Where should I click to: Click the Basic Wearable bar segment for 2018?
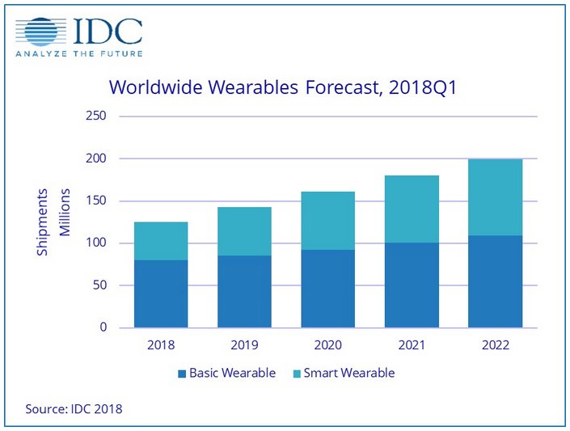[x=161, y=294]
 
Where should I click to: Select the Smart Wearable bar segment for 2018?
[x=161, y=241]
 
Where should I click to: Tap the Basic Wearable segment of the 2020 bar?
[x=327, y=289]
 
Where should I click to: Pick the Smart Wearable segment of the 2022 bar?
[x=494, y=197]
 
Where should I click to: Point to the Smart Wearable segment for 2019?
[x=244, y=231]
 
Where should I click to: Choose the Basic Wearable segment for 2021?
[x=411, y=285]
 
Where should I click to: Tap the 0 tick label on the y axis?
[x=103, y=327]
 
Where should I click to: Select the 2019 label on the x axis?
[x=244, y=344]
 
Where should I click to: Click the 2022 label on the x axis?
[x=494, y=344]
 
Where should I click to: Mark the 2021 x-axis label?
[x=411, y=344]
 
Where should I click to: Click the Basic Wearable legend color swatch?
[x=180, y=374]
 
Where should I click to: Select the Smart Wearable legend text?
[x=348, y=374]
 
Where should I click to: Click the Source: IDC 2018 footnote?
[x=74, y=410]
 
